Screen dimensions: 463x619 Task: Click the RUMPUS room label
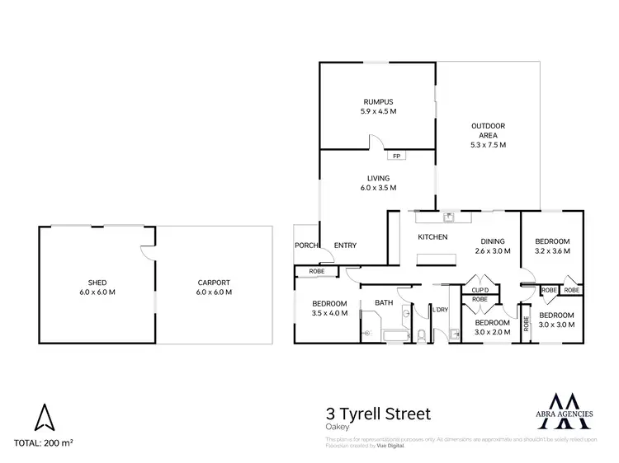pyautogui.click(x=379, y=103)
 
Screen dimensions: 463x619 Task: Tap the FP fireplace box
pyautogui.click(x=395, y=156)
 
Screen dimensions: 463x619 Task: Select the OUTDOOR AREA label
pyautogui.click(x=488, y=126)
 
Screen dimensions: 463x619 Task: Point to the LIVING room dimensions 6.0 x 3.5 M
pyautogui.click(x=378, y=188)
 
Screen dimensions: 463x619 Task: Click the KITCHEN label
pyautogui.click(x=432, y=237)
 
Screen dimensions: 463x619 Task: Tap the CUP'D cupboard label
pyautogui.click(x=480, y=290)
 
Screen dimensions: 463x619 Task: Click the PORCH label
pyautogui.click(x=306, y=245)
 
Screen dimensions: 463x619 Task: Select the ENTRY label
pyautogui.click(x=344, y=245)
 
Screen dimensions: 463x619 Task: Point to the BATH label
pyautogui.click(x=384, y=303)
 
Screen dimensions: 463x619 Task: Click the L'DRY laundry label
pyautogui.click(x=440, y=310)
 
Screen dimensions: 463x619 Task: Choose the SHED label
pyautogui.click(x=97, y=283)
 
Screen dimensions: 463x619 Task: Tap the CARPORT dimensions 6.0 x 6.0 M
pyautogui.click(x=214, y=292)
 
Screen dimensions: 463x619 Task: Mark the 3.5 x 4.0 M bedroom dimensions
pyautogui.click(x=329, y=313)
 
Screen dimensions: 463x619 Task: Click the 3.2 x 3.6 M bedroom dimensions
pyautogui.click(x=552, y=251)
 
